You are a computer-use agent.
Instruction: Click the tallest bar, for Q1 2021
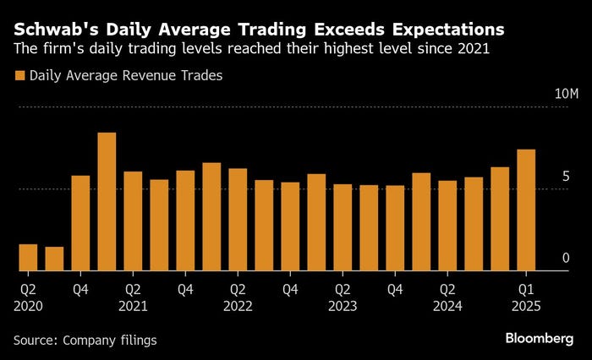[107, 202]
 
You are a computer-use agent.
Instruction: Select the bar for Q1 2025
[526, 210]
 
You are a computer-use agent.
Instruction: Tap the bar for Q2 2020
[28, 258]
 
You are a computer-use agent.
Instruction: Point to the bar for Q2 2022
[238, 220]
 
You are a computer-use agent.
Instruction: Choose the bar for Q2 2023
[343, 227]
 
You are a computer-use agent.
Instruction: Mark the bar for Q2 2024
[447, 226]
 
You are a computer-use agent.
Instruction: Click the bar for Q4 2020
[80, 223]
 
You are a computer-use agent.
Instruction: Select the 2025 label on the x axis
[526, 307]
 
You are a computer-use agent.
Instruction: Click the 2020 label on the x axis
[28, 307]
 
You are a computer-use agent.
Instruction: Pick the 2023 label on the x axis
[343, 307]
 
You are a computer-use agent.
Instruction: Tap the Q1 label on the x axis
[526, 289]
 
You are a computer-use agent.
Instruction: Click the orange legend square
[19, 75]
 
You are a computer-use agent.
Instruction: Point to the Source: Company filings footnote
[85, 340]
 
